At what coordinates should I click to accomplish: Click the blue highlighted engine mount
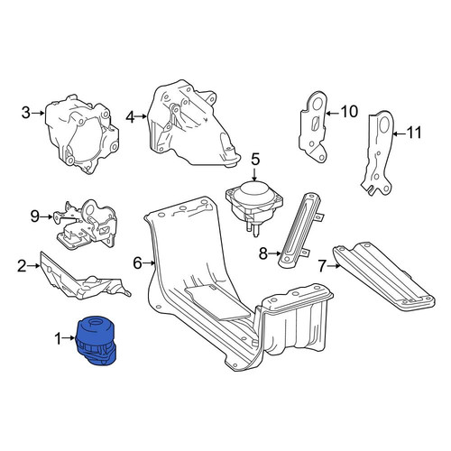(97, 340)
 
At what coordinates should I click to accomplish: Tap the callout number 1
(58, 338)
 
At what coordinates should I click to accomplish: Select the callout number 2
(22, 266)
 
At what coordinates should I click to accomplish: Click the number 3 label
(26, 113)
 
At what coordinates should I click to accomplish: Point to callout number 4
(130, 116)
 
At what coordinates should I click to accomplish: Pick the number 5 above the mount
(255, 159)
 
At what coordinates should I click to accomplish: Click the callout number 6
(137, 263)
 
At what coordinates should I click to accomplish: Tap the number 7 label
(322, 266)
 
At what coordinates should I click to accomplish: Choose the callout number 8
(263, 253)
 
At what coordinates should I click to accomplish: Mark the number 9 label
(35, 216)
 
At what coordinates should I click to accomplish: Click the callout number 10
(349, 112)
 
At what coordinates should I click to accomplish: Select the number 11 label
(414, 133)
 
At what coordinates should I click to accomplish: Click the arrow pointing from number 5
(255, 174)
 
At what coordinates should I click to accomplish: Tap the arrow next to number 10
(333, 113)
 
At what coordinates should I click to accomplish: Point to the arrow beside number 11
(400, 133)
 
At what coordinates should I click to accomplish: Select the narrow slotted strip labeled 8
(300, 230)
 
